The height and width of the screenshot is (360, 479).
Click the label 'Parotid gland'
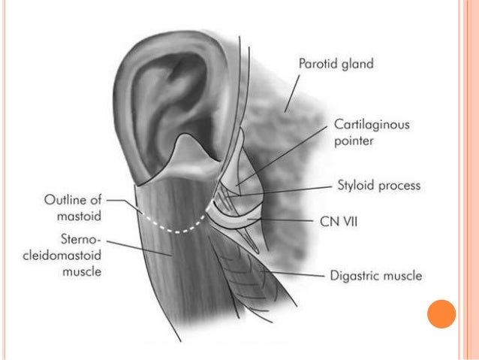pos(334,64)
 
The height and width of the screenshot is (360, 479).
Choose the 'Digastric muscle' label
pos(375,276)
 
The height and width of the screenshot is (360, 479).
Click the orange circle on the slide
pos(441,314)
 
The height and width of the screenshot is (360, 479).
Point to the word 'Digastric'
pos(354,276)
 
